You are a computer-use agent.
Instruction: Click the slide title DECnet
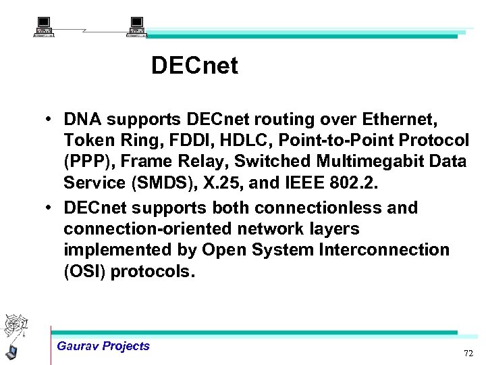click(194, 66)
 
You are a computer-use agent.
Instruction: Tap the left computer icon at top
click(45, 26)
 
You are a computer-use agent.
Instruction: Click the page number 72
click(468, 354)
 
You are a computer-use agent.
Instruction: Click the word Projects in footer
click(126, 346)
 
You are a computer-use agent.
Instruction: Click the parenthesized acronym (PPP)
click(84, 162)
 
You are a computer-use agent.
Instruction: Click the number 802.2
click(371, 182)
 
